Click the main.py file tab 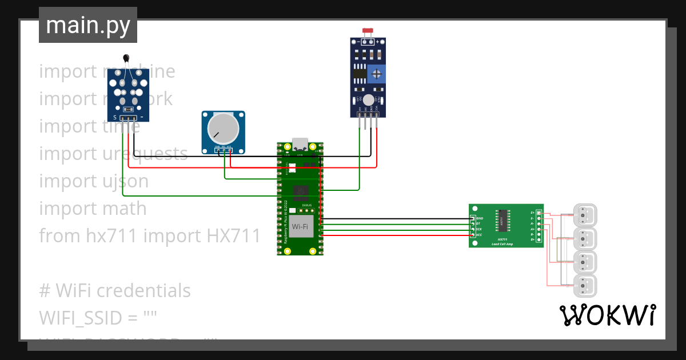[87, 25]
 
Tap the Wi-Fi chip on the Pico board [302, 226]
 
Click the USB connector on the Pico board [300, 144]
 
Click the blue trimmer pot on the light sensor [376, 73]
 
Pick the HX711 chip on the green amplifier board [501, 218]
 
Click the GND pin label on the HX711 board [480, 218]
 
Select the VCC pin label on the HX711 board [479, 235]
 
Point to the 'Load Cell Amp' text [502, 244]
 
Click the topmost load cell [585, 215]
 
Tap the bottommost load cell [585, 285]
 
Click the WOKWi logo [607, 315]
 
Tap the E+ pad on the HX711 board [533, 213]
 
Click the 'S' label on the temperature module [115, 117]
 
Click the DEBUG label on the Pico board [306, 204]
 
